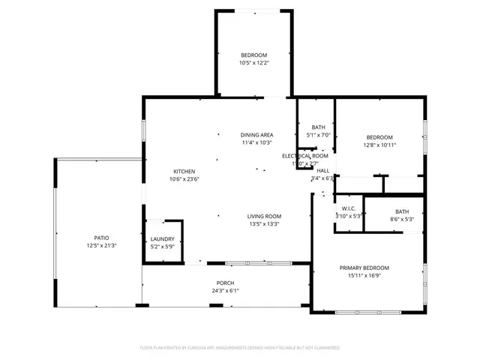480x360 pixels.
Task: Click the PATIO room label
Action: pyautogui.click(x=101, y=238)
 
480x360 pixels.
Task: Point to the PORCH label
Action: pyautogui.click(x=226, y=283)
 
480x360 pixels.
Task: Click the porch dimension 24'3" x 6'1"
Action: pyautogui.click(x=226, y=291)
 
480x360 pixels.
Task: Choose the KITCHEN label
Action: pyautogui.click(x=184, y=171)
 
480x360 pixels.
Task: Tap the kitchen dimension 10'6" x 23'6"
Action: pyautogui.click(x=184, y=179)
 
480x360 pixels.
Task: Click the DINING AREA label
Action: pyautogui.click(x=256, y=134)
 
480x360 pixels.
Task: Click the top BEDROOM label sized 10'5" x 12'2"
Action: pyautogui.click(x=253, y=55)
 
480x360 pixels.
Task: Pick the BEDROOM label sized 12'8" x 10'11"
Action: pyautogui.click(x=379, y=136)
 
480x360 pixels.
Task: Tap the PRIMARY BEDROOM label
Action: pyautogui.click(x=364, y=268)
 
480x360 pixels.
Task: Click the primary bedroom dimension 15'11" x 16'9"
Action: pyautogui.click(x=364, y=276)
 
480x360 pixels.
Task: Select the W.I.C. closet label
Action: pyautogui.click(x=349, y=208)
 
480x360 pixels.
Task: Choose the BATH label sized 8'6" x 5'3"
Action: pyautogui.click(x=403, y=211)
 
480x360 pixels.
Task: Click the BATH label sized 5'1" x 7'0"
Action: pyautogui.click(x=319, y=127)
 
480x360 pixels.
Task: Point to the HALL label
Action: pyautogui.click(x=322, y=170)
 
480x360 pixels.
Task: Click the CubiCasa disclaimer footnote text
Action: pyautogui.click(x=240, y=348)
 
